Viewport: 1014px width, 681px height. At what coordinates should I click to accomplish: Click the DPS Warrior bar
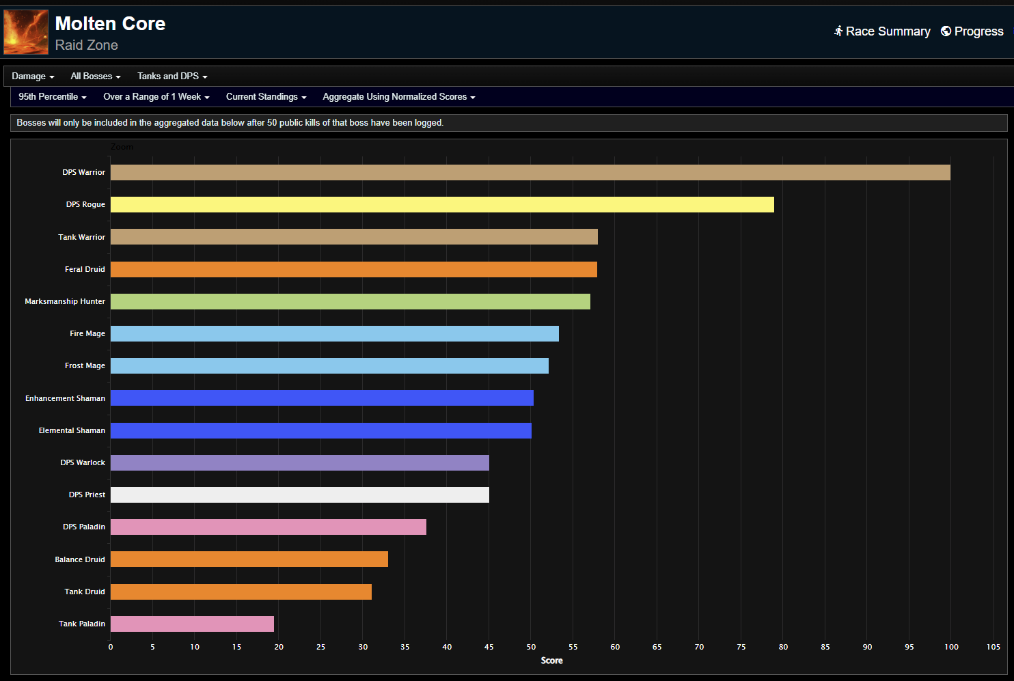[530, 172]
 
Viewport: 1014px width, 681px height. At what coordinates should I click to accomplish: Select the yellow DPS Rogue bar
[442, 204]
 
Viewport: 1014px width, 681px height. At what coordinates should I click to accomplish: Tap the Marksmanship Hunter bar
[351, 301]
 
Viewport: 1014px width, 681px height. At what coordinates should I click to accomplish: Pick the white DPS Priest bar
[300, 495]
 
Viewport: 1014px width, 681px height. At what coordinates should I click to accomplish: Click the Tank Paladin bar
[192, 624]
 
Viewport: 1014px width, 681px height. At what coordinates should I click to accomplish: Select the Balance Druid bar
[249, 559]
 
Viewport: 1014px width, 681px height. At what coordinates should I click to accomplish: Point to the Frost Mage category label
[85, 365]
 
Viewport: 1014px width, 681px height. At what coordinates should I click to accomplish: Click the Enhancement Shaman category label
[66, 398]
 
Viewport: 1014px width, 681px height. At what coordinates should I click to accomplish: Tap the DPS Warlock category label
[83, 462]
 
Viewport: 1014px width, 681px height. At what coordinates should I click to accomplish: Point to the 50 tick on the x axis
[531, 647]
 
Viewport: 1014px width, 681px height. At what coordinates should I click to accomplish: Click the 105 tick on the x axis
[994, 647]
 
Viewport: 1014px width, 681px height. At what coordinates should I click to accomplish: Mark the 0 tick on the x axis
[111, 647]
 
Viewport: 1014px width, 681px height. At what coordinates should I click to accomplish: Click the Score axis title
[551, 661]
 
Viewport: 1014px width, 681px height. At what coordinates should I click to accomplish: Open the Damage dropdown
[33, 77]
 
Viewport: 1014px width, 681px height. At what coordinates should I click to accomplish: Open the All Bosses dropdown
[96, 77]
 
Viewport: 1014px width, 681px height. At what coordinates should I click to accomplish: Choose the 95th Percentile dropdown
[53, 97]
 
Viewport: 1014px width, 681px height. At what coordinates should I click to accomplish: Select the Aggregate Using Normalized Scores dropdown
[398, 97]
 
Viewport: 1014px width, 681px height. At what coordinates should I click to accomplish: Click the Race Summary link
[882, 31]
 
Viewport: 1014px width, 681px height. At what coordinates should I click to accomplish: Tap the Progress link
[972, 31]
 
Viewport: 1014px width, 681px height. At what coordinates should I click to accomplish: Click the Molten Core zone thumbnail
[26, 32]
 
